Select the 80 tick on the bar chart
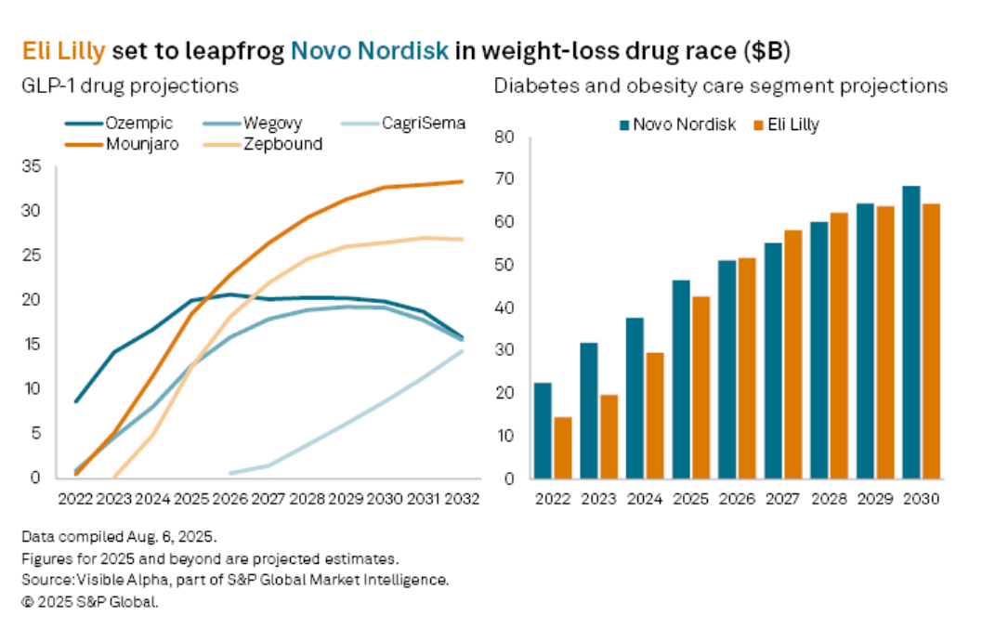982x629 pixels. pyautogui.click(x=504, y=138)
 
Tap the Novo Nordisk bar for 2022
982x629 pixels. pyautogui.click(x=543, y=430)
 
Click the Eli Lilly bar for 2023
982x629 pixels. pyautogui.click(x=608, y=436)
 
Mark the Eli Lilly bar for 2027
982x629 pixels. pyautogui.click(x=792, y=354)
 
